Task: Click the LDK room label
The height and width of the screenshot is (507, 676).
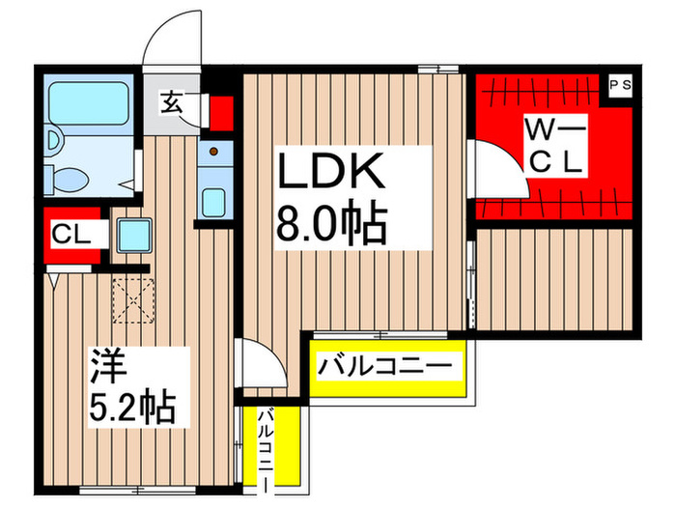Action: coord(332,174)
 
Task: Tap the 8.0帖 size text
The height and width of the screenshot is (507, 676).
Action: coord(332,225)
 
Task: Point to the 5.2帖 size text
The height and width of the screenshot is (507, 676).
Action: coord(133,409)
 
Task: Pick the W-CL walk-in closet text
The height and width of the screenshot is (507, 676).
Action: coord(554,145)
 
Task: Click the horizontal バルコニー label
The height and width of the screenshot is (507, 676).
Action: coord(385,367)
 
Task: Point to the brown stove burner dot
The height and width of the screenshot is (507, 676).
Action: coord(213,151)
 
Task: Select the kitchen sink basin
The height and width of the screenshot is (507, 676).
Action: coord(213,202)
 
